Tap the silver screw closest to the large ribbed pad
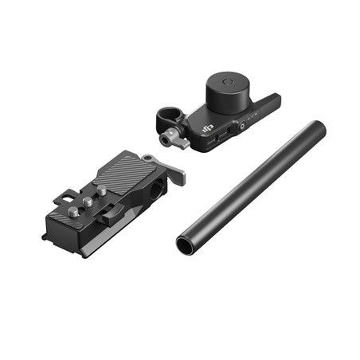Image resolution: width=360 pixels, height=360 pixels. (x=102, y=190)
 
